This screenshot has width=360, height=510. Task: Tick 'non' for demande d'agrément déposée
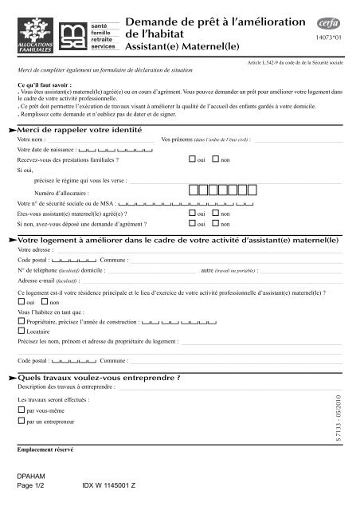pyautogui.click(x=215, y=225)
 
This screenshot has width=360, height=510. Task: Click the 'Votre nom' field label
pyautogui.click(x=30, y=139)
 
